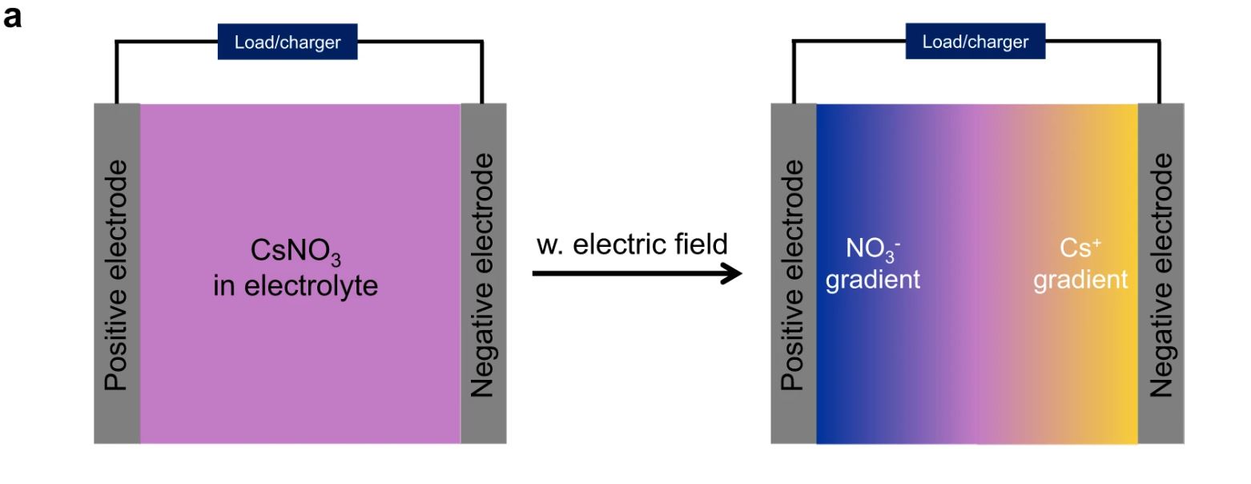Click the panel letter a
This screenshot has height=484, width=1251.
(12, 17)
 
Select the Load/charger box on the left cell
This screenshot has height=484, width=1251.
(288, 42)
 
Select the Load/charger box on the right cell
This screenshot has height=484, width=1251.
(975, 42)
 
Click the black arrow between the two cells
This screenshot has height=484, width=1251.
(625, 274)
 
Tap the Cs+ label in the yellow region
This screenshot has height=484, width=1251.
(1080, 249)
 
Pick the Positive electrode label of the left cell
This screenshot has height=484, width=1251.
(117, 275)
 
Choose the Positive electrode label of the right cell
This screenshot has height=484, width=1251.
(793, 275)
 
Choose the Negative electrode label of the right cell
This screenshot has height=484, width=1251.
(1160, 275)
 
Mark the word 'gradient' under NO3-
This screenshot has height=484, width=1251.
(873, 280)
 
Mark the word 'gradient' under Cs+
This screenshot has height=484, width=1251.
(1080, 280)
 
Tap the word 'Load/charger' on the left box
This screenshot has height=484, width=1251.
(288, 42)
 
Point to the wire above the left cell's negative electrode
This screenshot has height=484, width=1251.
(481, 72)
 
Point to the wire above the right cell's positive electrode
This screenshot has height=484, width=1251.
(793, 72)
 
